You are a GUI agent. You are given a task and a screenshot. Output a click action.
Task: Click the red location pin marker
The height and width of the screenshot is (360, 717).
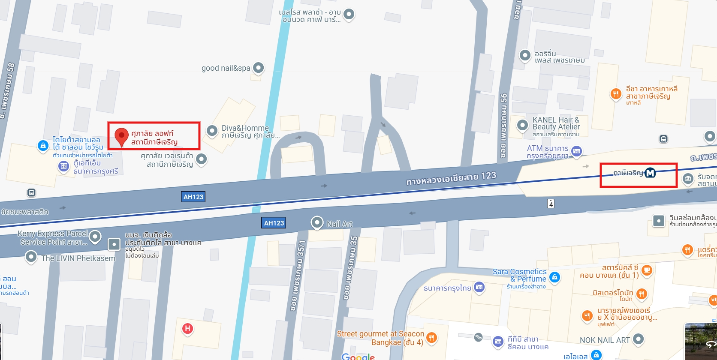tap(122, 136)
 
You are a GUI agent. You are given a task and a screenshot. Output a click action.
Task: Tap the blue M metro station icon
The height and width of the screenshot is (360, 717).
tap(650, 173)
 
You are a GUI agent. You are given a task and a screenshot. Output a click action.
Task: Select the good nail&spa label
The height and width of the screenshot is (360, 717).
tap(226, 68)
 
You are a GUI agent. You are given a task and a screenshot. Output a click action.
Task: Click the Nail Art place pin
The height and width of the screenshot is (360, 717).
tap(317, 222)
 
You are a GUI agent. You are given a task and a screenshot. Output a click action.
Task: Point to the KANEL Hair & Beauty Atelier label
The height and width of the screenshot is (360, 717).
tap(556, 123)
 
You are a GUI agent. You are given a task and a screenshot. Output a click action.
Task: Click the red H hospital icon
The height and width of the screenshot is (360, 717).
tap(187, 329)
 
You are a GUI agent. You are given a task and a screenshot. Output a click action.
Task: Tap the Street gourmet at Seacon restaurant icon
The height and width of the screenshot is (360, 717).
tap(432, 338)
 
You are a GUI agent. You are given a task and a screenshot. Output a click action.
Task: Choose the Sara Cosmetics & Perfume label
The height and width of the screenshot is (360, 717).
tap(519, 275)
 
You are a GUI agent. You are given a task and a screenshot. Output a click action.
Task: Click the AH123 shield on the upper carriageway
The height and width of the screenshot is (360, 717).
tap(193, 197)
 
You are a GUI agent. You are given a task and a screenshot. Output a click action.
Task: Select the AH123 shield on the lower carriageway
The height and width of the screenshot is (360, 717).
tap(274, 223)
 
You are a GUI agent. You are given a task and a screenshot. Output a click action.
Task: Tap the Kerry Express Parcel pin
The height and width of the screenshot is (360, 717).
tap(95, 236)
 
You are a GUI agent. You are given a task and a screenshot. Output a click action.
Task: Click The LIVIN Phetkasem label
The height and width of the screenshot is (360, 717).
tap(78, 258)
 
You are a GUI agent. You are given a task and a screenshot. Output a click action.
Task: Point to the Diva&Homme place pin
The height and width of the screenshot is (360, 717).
tap(212, 131)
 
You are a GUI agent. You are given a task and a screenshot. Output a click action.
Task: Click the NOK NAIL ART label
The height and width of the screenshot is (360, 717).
tap(605, 340)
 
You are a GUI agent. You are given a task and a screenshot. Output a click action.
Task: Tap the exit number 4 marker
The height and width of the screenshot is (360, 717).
tap(551, 204)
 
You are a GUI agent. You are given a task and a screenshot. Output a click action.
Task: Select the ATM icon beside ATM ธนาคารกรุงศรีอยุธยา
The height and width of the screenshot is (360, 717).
tap(577, 151)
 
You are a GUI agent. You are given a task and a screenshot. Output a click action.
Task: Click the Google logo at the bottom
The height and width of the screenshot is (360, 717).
tap(358, 357)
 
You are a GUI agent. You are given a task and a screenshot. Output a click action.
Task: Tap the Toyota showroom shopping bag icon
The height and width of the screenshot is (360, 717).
tap(43, 146)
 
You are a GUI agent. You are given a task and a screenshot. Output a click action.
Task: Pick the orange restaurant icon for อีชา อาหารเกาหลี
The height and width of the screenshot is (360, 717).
tap(616, 94)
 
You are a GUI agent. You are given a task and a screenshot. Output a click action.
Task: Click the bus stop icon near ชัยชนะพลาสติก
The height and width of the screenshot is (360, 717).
tap(31, 192)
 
